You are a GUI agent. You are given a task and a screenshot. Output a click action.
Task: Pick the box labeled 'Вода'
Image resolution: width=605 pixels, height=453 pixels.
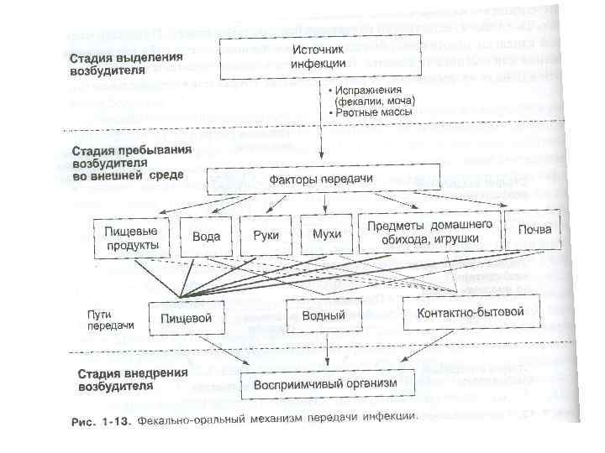(x=206, y=236)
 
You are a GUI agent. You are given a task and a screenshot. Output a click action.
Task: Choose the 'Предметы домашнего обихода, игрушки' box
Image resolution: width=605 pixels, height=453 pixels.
(x=429, y=232)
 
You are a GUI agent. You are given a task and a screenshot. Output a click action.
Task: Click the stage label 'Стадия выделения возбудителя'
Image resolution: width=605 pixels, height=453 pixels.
(x=124, y=64)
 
